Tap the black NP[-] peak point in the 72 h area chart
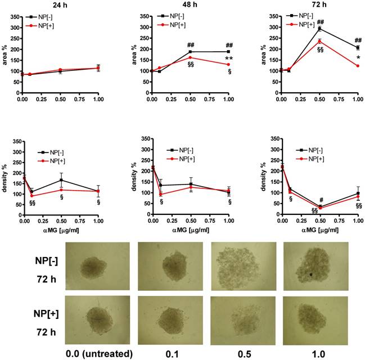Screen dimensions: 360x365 click(320, 28)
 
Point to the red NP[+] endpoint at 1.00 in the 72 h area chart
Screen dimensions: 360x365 click(358, 66)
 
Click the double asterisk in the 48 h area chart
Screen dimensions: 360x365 click(229, 59)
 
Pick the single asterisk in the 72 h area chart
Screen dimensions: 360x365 click(358, 57)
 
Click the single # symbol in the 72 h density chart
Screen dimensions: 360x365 click(321, 200)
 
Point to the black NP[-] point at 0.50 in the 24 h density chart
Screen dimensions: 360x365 click(60, 181)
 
